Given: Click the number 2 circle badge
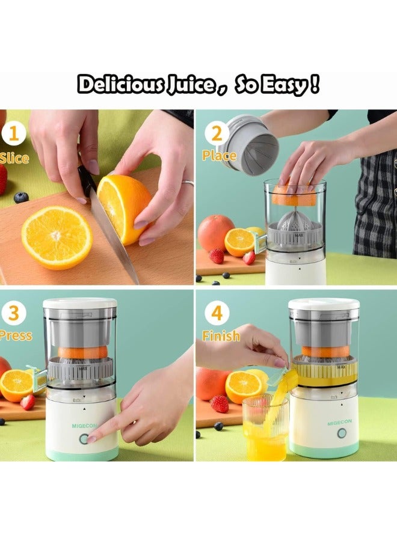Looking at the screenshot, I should (217, 133).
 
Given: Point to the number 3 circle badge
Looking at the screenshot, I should (14, 313).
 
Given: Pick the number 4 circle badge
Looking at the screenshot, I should (217, 313).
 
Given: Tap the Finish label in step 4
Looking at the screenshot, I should (221, 335).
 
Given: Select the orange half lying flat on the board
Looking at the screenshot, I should (57, 237).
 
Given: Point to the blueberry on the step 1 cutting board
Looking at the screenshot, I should (21, 197).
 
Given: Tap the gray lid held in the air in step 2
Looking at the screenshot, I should (249, 144).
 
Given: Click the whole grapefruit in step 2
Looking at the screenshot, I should (215, 233).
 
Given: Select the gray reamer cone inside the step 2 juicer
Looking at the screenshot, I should (295, 222).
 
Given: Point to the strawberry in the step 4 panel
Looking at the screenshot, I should (219, 403).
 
